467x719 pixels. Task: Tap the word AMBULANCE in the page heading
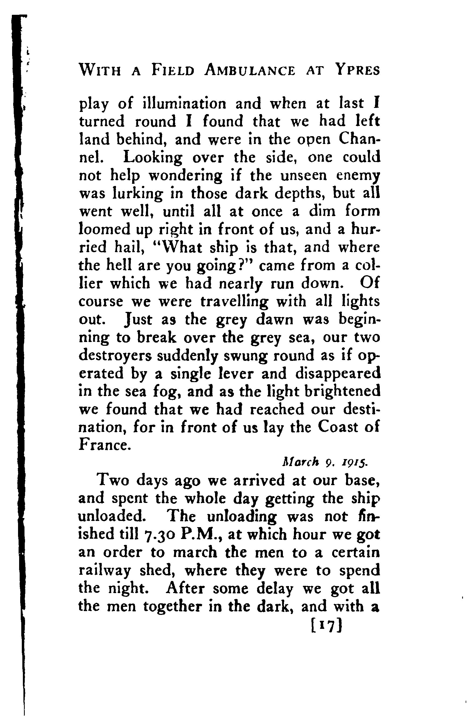tap(250, 71)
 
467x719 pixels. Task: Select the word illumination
tap(184, 103)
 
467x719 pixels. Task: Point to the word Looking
tap(153, 158)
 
